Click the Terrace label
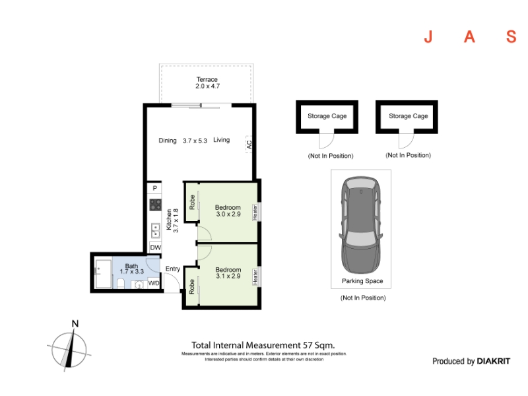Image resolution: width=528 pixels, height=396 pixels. tap(207, 79)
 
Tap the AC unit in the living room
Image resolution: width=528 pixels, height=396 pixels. tap(249, 145)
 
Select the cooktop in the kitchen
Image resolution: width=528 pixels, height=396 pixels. tap(156, 205)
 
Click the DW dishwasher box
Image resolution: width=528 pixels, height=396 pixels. tap(155, 247)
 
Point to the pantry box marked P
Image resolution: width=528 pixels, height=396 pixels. tap(154, 188)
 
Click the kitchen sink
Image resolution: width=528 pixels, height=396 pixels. tap(155, 230)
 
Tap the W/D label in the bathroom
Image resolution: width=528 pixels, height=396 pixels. tap(154, 283)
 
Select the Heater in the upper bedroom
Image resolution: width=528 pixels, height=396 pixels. tap(255, 212)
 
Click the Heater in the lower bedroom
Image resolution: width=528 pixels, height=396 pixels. tap(255, 277)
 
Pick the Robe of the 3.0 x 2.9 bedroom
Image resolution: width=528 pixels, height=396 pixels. tap(192, 202)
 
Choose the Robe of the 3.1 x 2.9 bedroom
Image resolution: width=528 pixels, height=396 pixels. tap(191, 286)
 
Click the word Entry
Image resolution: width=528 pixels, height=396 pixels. tap(173, 269)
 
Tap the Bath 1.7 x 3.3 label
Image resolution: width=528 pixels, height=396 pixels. tap(131, 269)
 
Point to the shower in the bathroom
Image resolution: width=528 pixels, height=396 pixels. tap(104, 274)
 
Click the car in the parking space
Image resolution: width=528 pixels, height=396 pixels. tap(361, 225)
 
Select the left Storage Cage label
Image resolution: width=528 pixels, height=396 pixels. tap(327, 116)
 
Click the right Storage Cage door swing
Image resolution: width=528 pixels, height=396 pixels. tap(407, 141)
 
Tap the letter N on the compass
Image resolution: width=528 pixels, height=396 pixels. tap(75, 323)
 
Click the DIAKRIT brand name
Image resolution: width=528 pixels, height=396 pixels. tap(493, 361)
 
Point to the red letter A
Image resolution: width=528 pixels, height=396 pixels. tap(469, 37)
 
